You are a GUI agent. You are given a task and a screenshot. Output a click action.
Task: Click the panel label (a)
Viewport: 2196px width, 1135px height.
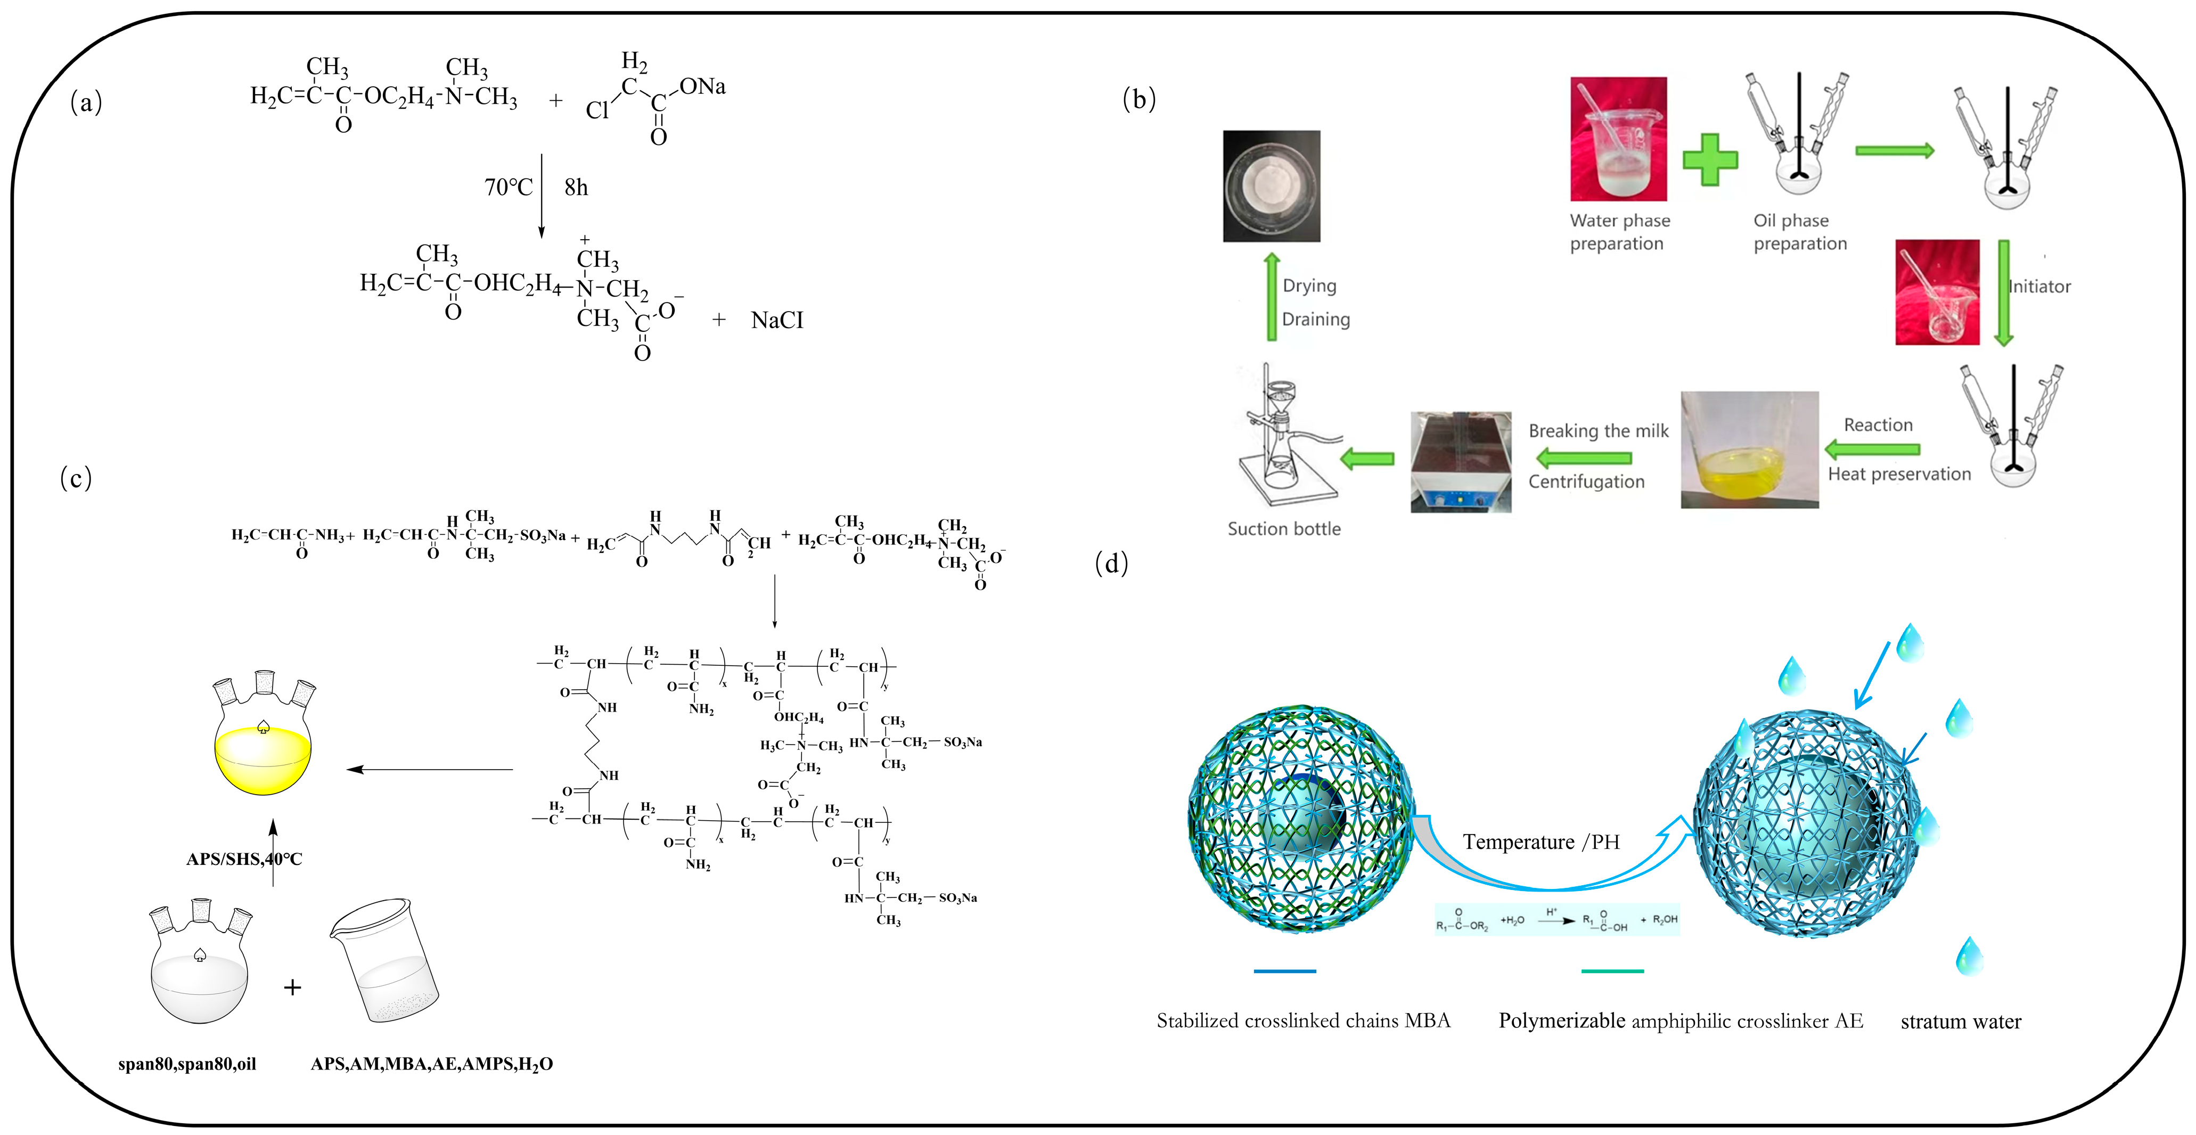(86, 102)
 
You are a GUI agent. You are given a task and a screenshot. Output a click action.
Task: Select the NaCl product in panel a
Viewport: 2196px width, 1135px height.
(776, 321)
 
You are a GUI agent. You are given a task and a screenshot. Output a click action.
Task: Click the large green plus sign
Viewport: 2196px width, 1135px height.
(1709, 159)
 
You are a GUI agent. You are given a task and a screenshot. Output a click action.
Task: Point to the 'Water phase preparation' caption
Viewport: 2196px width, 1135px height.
(1619, 232)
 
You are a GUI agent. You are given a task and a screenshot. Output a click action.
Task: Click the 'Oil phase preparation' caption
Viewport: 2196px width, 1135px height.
(1800, 232)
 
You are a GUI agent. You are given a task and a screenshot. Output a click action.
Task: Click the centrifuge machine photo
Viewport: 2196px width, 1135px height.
(1460, 461)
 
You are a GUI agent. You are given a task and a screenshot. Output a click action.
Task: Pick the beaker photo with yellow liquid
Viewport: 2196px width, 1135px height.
(1749, 450)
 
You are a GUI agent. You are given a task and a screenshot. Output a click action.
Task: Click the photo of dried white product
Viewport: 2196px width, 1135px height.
(1271, 186)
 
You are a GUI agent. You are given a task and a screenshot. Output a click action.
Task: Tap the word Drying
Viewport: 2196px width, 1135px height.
(1309, 285)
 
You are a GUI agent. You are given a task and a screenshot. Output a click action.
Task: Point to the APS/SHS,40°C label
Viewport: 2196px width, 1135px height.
(244, 859)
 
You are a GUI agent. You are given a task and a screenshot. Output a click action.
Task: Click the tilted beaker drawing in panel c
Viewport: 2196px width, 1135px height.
(386, 960)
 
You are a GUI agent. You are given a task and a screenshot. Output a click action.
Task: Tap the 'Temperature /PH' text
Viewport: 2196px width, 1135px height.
(1541, 843)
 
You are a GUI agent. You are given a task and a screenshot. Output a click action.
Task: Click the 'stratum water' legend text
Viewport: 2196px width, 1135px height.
(1960, 1022)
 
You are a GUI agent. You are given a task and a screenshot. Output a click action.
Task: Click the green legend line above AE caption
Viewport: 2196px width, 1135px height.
(1611, 971)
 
